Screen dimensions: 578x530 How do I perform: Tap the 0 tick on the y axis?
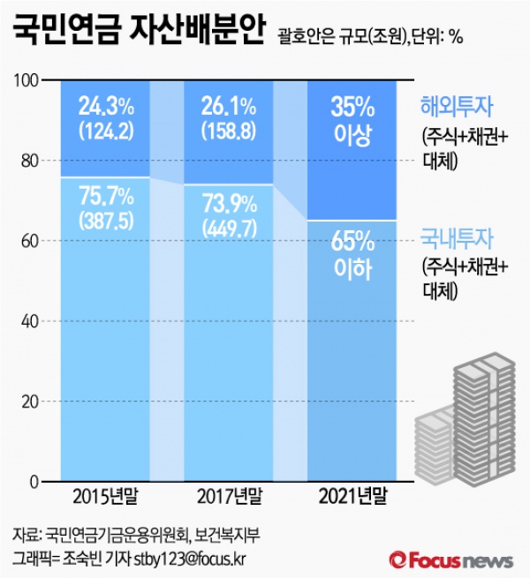pyautogui.click(x=34, y=482)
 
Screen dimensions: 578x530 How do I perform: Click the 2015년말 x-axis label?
pyautogui.click(x=103, y=499)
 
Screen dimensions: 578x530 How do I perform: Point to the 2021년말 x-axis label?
pyautogui.click(x=352, y=499)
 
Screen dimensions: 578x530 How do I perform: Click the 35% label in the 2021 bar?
pyautogui.click(x=351, y=109)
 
